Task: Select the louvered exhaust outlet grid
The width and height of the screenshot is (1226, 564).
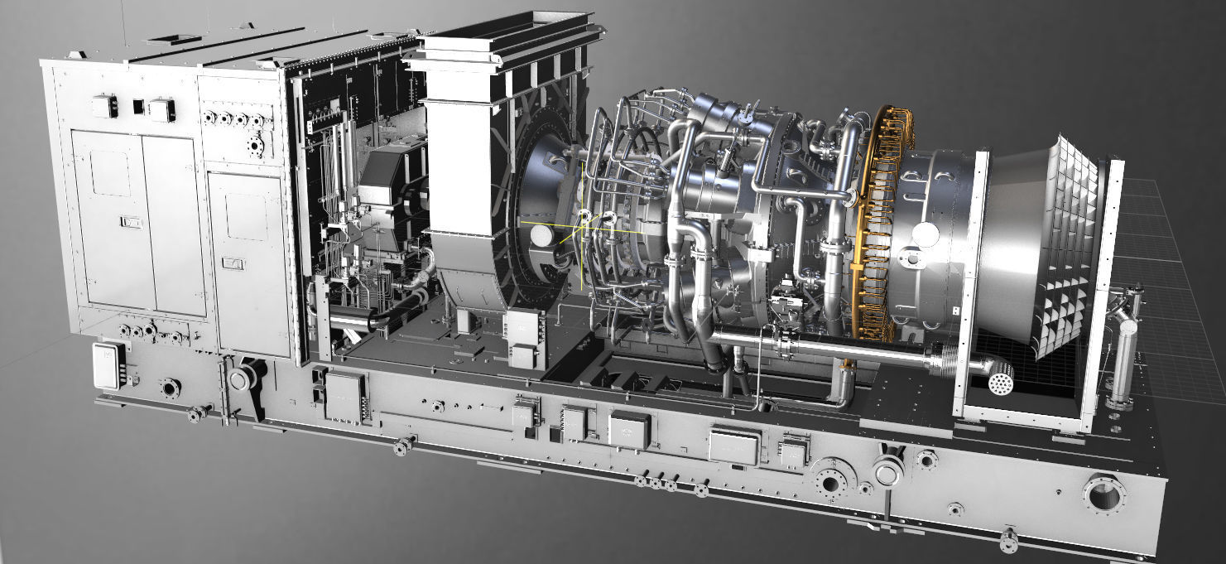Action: [x=1068, y=248]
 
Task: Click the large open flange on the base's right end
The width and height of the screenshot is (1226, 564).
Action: [x=1103, y=494]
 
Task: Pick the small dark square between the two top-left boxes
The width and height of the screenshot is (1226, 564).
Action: [x=138, y=107]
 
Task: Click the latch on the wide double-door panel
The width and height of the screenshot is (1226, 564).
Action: [x=131, y=221]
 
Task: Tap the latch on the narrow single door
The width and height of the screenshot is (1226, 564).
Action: [x=233, y=263]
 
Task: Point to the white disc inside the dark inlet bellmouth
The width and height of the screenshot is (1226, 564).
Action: [x=541, y=236]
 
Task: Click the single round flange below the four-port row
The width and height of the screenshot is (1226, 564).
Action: [x=255, y=147]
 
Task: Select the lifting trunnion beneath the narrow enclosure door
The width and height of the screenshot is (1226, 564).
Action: [x=242, y=378]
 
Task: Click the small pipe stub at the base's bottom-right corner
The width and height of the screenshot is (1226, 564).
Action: [x=1009, y=539]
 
